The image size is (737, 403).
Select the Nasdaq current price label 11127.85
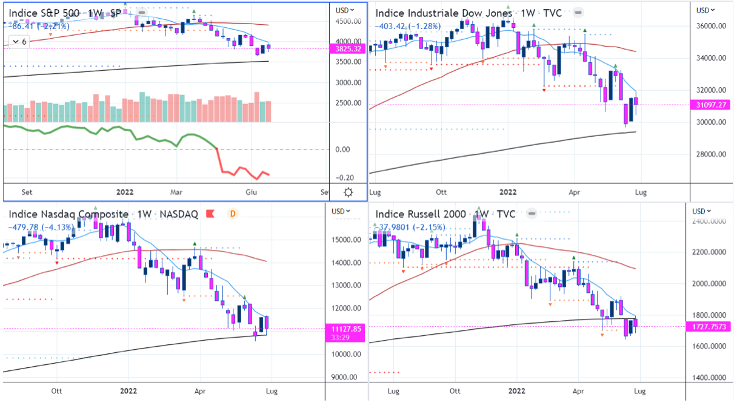[346, 329]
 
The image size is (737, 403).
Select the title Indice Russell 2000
[421, 214]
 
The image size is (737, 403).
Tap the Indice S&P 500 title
[44, 11]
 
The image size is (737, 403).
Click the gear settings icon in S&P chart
[348, 192]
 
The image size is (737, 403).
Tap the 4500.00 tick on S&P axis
[348, 21]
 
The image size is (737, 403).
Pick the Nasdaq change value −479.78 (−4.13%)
[41, 227]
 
